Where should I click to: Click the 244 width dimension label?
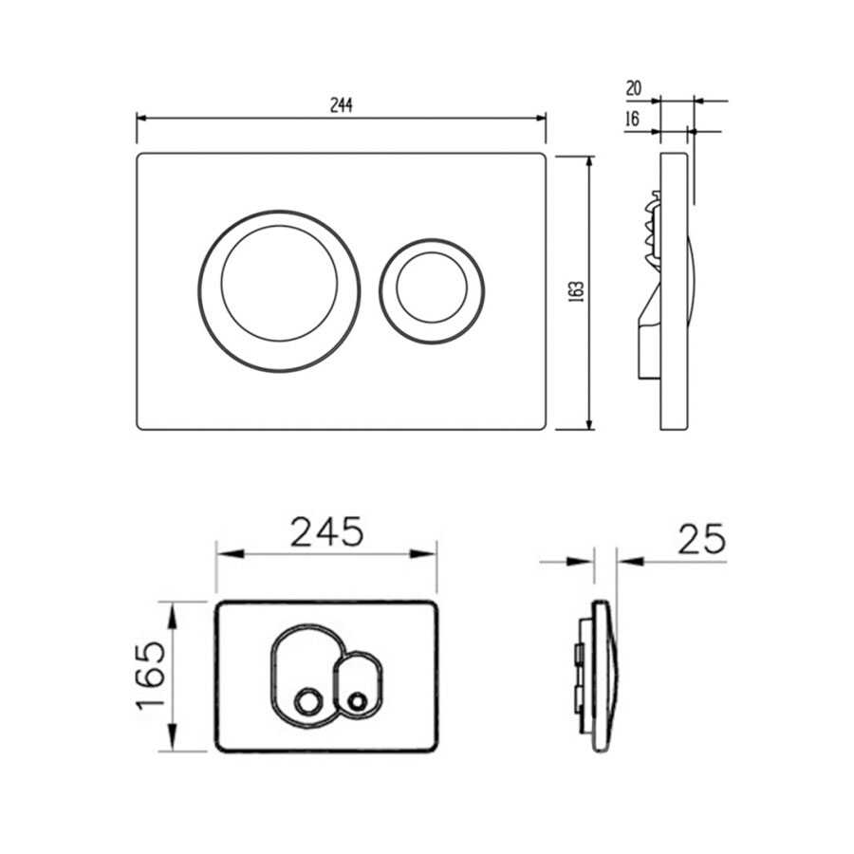point(342,105)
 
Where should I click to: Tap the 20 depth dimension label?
point(634,88)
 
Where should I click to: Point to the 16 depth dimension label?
point(632,119)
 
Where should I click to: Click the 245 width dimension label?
point(326,531)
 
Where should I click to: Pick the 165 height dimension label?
point(151,676)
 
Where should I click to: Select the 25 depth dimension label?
point(701,539)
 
